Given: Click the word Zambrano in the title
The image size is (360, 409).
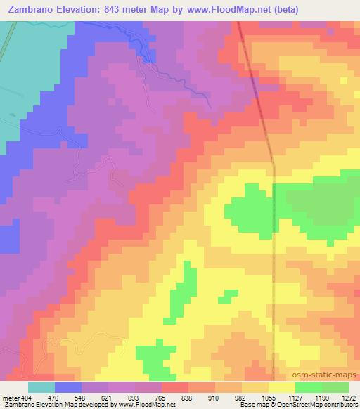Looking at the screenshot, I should click(x=32, y=10).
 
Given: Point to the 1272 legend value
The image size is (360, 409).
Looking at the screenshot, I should click(x=347, y=398).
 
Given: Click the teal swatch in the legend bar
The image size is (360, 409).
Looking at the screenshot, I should click(x=41, y=387).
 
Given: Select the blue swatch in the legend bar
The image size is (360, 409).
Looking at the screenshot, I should click(x=68, y=387).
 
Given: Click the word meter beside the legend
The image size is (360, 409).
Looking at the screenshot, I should click(x=10, y=398).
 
